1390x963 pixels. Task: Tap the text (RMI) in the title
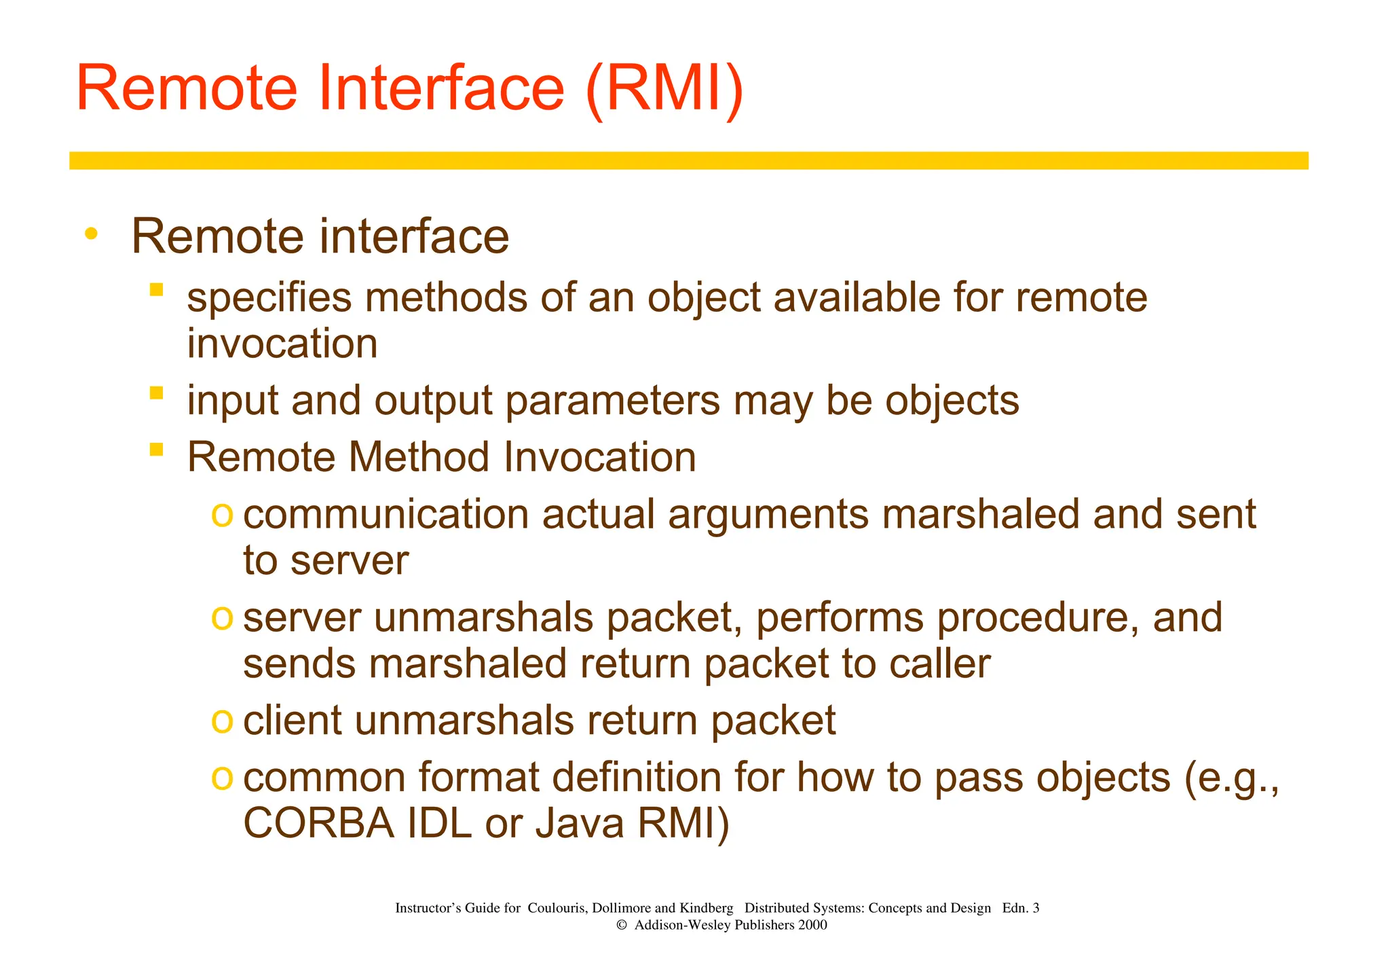(x=664, y=88)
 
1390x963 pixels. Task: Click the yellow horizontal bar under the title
(x=688, y=160)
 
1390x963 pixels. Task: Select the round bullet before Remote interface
(x=91, y=234)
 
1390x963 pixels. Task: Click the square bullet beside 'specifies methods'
(x=157, y=290)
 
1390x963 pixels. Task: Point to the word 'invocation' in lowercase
(x=282, y=344)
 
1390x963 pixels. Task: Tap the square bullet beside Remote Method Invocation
(x=157, y=449)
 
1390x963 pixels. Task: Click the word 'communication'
(x=386, y=514)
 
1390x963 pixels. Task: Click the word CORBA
(x=318, y=823)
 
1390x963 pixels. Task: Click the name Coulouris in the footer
(x=557, y=908)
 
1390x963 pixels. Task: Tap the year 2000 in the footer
(x=812, y=925)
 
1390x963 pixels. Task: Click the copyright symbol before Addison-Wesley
(x=621, y=925)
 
